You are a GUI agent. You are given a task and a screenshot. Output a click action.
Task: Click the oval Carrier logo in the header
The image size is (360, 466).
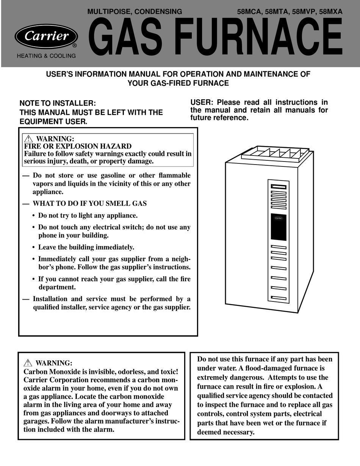46,36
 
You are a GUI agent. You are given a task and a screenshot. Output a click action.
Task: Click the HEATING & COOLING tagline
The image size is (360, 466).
46,56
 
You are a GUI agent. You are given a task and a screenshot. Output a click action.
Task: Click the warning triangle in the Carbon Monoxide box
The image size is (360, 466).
27,363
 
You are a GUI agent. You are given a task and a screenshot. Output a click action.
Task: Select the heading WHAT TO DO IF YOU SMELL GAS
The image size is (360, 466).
89,204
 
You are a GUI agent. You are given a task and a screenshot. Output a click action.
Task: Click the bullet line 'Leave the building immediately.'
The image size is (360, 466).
86,248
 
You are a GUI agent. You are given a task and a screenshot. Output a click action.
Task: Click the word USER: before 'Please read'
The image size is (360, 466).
202,102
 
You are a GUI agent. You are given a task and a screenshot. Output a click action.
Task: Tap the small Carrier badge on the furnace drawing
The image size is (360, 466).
279,218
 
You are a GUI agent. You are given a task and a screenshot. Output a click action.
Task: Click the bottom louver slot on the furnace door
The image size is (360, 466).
279,297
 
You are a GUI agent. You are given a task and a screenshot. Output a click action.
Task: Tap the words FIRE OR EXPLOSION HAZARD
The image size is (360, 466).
78,146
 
